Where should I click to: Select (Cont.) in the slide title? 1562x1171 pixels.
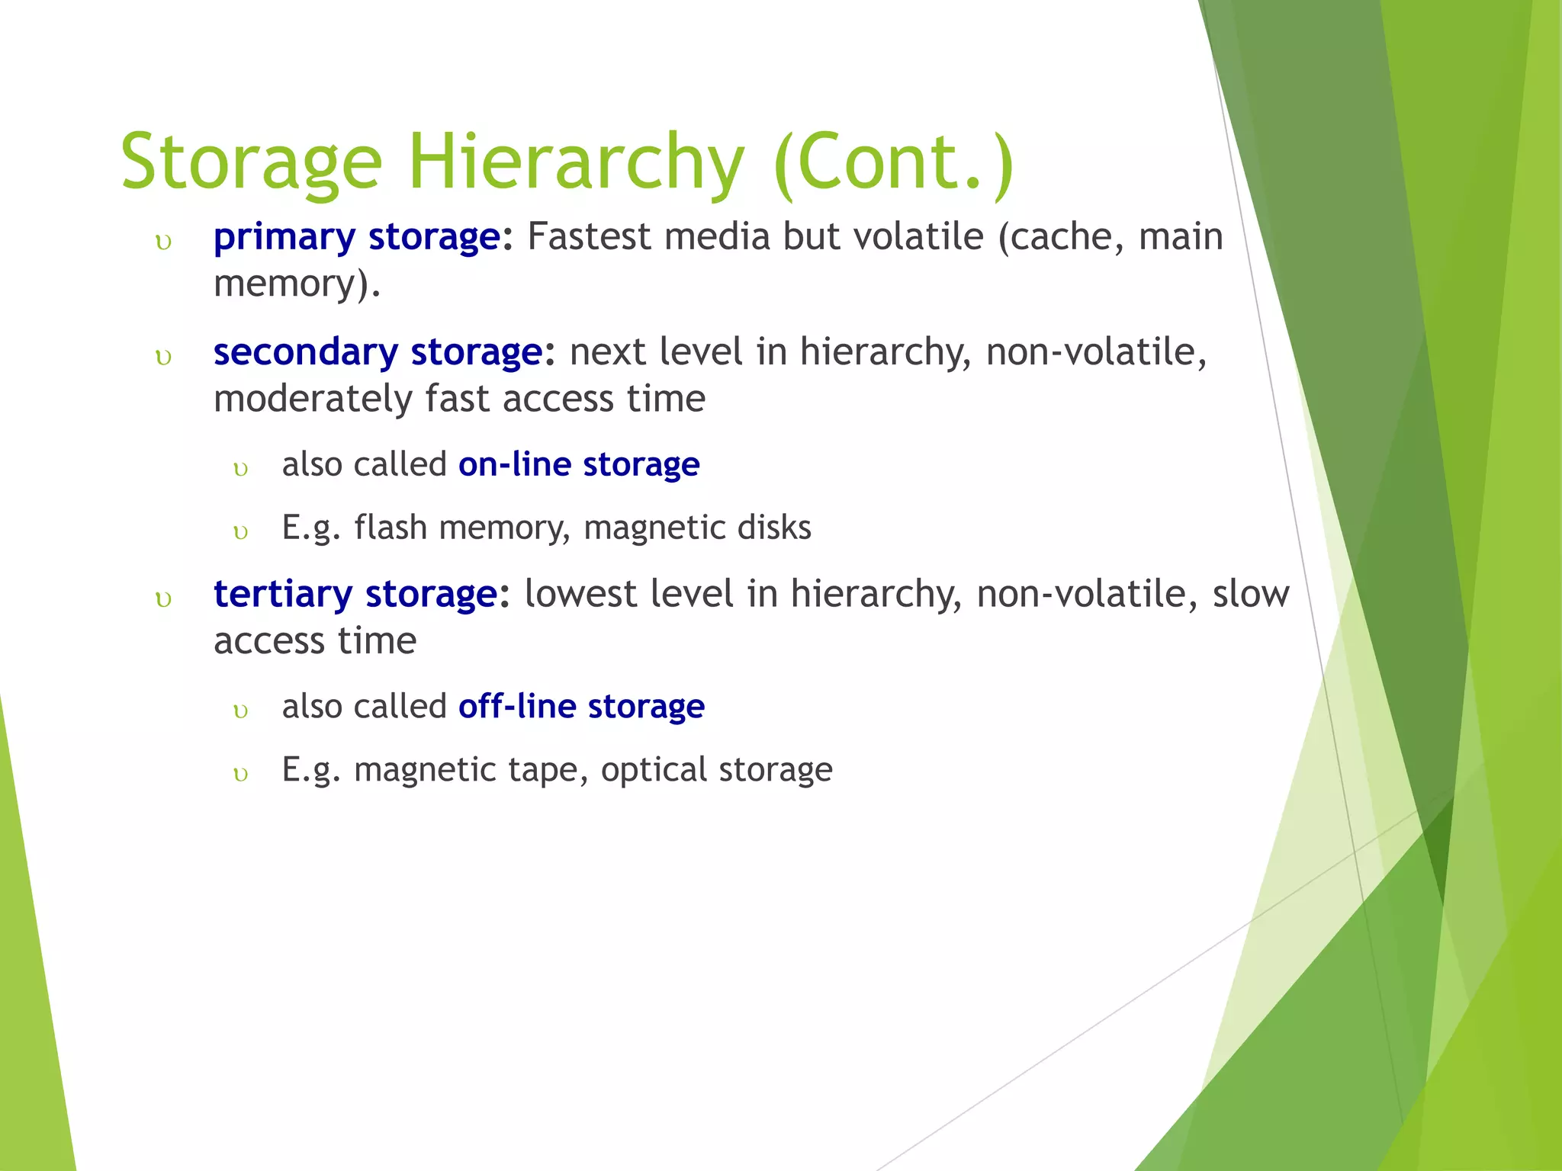pos(893,162)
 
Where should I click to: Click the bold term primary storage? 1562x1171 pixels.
pos(357,237)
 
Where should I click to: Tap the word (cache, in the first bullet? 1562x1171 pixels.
pos(1061,237)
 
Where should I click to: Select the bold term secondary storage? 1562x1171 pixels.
pos(378,352)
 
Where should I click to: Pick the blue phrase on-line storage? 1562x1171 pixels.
pos(579,464)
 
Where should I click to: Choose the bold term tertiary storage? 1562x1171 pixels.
pos(355,594)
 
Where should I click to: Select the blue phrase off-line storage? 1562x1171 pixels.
pos(581,707)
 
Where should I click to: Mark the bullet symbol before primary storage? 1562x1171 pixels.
pos(163,242)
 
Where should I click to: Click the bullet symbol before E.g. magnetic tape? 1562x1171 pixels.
pos(241,775)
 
